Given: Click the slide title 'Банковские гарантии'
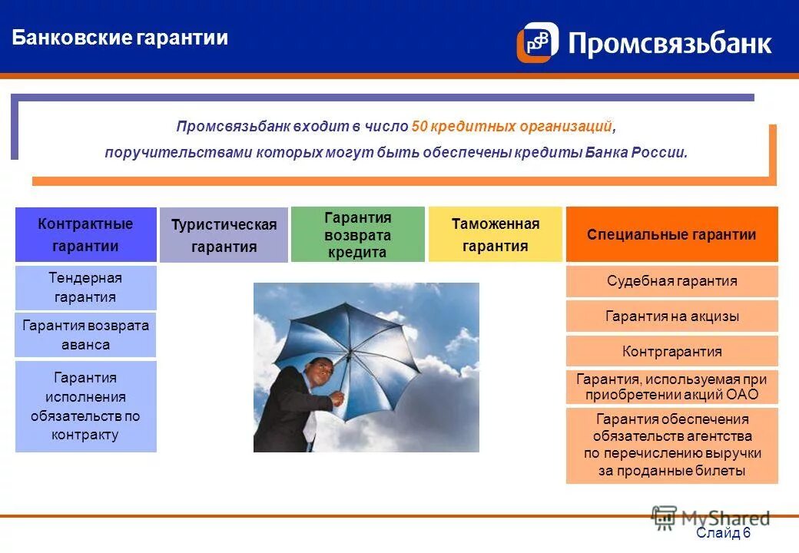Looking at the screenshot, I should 120,38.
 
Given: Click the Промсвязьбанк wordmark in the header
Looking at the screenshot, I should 669,43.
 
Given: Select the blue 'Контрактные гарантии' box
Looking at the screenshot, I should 85,234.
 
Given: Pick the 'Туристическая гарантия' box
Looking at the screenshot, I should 224,235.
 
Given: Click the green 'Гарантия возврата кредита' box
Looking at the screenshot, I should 357,234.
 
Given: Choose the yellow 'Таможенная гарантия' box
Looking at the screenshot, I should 495,234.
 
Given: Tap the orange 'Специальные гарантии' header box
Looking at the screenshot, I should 671,234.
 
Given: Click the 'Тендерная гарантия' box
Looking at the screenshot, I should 85,287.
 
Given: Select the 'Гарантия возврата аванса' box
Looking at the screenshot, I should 85,335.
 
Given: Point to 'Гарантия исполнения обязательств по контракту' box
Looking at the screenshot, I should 85,406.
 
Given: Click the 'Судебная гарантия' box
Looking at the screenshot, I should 671,281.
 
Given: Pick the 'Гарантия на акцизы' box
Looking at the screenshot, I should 671,316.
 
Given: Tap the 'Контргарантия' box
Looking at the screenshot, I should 671,352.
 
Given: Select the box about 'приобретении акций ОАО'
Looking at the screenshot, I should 671,387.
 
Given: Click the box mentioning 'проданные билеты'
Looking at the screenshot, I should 671,445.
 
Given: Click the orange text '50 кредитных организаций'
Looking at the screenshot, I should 512,126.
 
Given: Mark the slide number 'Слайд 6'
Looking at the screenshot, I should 722,533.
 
